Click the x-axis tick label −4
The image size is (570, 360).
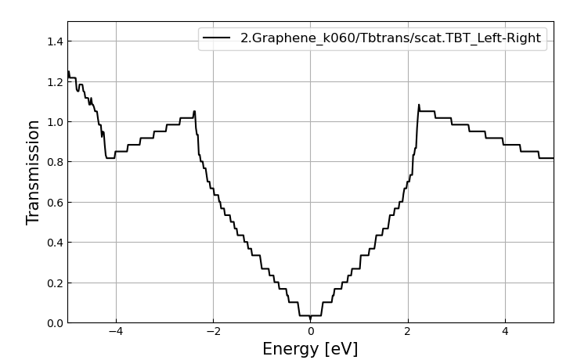point(116,332)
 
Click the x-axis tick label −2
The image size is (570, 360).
point(213,332)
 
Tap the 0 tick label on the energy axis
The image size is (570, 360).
point(310,332)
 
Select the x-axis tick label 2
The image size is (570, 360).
point(407,332)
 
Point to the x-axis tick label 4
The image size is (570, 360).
point(504,332)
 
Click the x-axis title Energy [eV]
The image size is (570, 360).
point(310,349)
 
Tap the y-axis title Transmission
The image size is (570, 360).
point(34,172)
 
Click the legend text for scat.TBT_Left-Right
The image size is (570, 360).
point(390,38)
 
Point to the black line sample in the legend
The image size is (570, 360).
point(217,38)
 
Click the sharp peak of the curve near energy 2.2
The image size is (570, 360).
point(419,105)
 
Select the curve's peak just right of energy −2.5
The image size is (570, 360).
point(194,111)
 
